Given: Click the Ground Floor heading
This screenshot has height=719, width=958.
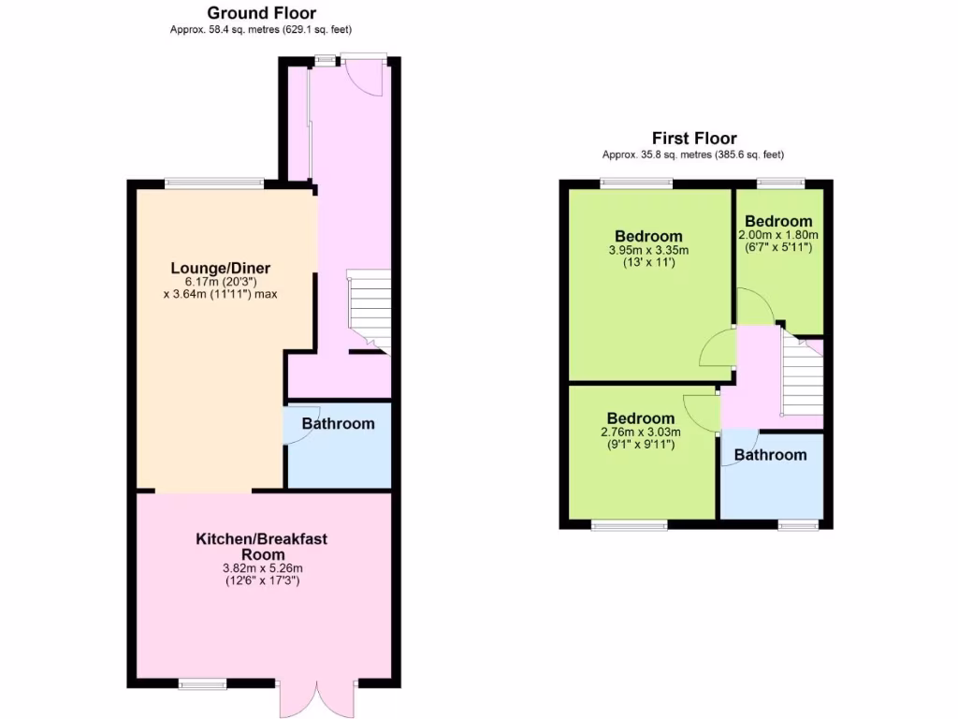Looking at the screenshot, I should pos(261,13).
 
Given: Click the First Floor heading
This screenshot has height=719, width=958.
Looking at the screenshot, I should pos(694,139).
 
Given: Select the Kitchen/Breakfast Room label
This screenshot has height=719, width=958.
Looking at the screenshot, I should pos(261,547).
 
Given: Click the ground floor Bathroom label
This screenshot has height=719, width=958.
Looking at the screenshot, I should pos(338,423).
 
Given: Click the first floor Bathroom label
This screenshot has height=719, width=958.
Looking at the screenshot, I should pos(770,455).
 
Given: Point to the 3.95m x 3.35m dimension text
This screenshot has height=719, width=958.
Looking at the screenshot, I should pos(648,250).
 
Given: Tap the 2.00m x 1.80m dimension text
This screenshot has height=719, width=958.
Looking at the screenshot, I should pos(778,235).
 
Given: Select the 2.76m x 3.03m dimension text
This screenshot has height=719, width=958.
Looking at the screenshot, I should pos(640,432).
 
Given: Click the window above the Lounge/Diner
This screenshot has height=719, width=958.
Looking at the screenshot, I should pos(210,182).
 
